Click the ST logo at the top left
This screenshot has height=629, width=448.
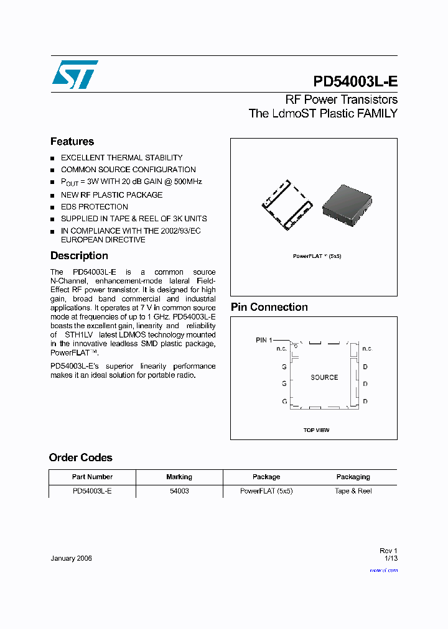click(x=75, y=74)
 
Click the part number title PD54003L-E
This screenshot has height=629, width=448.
click(x=355, y=82)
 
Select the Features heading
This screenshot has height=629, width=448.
click(x=72, y=142)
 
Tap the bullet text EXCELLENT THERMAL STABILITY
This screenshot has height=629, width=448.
click(x=121, y=158)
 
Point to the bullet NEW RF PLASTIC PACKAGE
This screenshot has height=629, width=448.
click(x=111, y=195)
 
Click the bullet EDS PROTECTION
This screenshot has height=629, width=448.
click(x=95, y=206)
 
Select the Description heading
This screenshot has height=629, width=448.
click(x=79, y=255)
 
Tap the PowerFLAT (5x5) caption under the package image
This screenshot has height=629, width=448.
click(x=317, y=256)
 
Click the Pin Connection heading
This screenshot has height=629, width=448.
click(x=269, y=307)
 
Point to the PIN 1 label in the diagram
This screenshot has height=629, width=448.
click(x=264, y=340)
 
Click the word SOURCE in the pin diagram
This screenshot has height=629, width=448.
click(x=324, y=377)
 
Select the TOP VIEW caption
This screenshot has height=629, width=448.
click(x=316, y=430)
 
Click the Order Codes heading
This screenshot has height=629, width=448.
click(x=81, y=457)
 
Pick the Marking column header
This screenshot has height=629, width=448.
click(x=179, y=477)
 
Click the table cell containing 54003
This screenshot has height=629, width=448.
click(x=179, y=491)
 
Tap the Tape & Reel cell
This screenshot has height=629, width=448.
click(x=353, y=491)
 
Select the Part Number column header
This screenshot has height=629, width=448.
click(x=92, y=477)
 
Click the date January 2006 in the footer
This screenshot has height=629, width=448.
click(x=71, y=558)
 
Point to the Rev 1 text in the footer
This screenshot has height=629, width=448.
click(x=388, y=551)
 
